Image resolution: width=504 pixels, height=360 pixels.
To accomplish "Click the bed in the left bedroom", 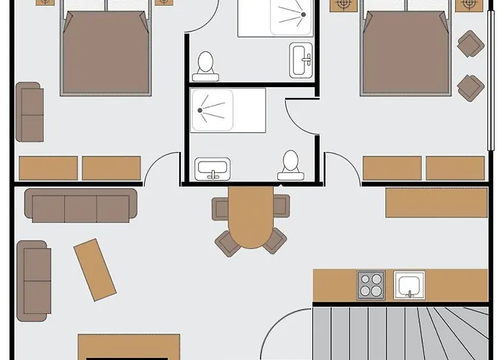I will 106,54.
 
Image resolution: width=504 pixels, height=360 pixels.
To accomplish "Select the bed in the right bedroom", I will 407,54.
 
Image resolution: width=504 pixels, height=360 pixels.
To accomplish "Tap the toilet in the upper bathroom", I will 207,63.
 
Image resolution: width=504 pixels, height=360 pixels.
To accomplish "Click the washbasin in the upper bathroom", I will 301,58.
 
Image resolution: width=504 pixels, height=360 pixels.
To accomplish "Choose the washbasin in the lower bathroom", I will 213,170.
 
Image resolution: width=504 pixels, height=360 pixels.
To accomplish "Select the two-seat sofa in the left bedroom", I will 30,112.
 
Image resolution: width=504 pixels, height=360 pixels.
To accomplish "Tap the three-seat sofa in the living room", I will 81,205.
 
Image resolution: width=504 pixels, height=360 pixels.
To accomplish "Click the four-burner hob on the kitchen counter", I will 372,284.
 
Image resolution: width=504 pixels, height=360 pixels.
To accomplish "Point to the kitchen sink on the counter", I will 409,285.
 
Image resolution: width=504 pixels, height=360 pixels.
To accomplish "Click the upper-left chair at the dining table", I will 222,207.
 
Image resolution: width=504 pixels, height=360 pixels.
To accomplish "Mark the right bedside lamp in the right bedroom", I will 469,4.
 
